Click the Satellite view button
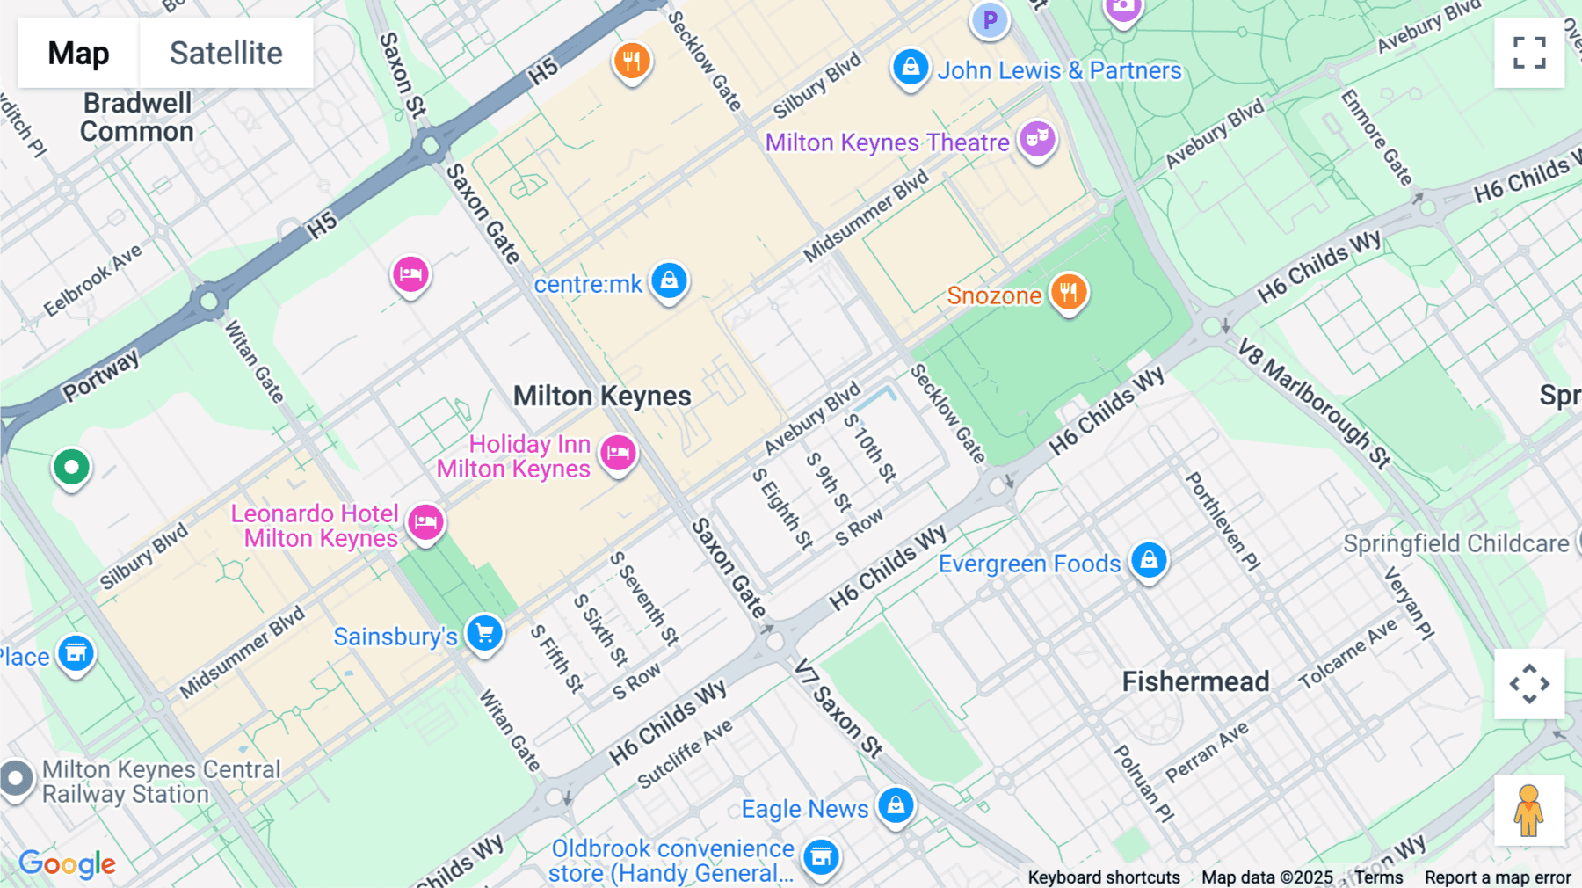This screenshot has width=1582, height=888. (226, 53)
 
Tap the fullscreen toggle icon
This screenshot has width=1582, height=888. (1529, 53)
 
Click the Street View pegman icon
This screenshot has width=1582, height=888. (1529, 811)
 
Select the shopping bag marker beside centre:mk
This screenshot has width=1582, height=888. (669, 281)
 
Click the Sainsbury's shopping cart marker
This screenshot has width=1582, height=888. (484, 633)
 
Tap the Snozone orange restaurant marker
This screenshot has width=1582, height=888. (1069, 292)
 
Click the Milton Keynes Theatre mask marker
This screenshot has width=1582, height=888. (1037, 139)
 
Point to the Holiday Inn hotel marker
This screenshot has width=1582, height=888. (618, 454)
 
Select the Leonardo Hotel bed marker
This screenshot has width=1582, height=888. (425, 523)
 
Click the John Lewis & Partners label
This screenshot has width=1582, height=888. (1059, 70)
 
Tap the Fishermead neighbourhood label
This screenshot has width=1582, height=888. (1195, 681)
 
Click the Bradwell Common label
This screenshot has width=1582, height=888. (137, 117)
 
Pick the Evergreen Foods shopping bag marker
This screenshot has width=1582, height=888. (1149, 560)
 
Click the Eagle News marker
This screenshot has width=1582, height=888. (896, 804)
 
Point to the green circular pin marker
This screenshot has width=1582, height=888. (71, 467)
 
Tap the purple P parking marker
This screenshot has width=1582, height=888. (991, 19)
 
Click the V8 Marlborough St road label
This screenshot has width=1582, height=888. (1314, 404)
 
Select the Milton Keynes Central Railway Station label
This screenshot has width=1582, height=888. (161, 782)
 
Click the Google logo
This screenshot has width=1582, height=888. (68, 864)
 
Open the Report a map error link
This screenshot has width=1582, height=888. (1498, 877)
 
